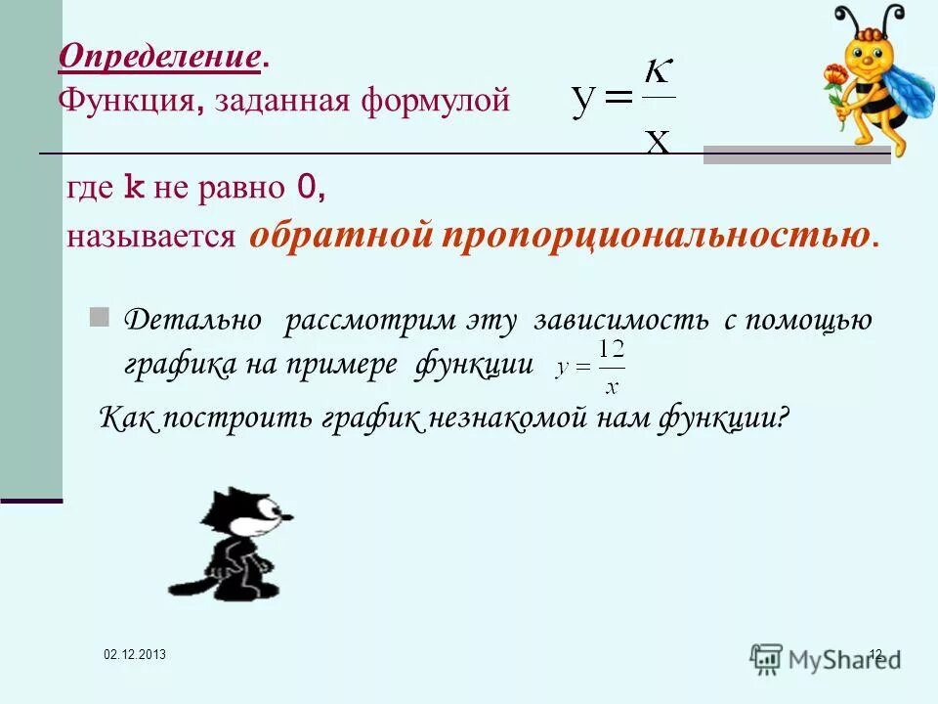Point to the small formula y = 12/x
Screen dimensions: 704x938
click(x=590, y=367)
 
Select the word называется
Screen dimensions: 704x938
click(x=151, y=238)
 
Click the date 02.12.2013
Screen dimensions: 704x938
click(x=135, y=654)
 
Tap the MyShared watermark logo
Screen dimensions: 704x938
click(x=826, y=657)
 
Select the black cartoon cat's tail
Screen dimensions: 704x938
click(x=186, y=587)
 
